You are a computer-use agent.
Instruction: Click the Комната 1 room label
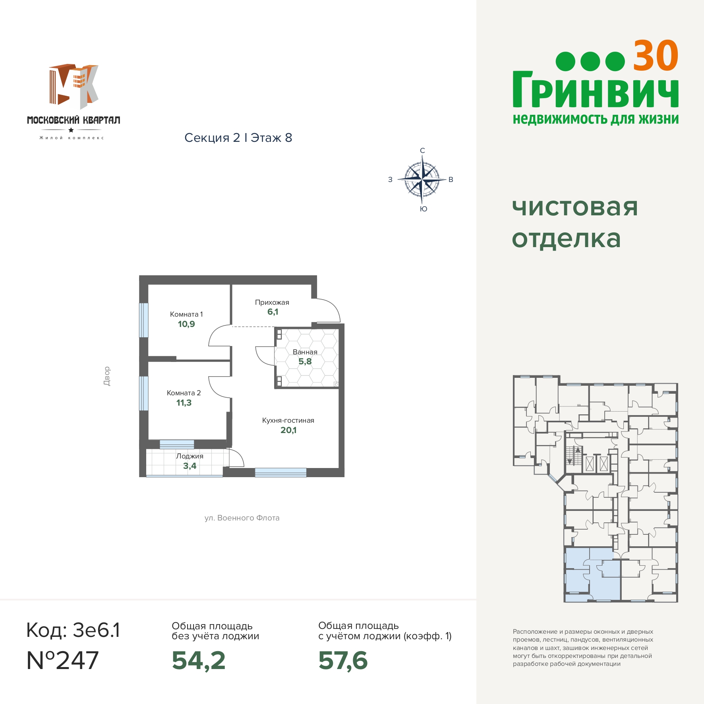click(x=186, y=314)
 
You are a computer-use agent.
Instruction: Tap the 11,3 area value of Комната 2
click(x=184, y=403)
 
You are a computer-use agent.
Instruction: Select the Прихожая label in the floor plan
click(x=272, y=302)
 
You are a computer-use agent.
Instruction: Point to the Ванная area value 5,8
click(x=305, y=362)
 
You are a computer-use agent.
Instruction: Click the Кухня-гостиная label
click(x=288, y=420)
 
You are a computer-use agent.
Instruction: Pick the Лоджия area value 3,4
click(x=190, y=466)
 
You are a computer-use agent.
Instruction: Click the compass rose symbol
click(x=422, y=180)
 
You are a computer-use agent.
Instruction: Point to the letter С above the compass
click(x=422, y=151)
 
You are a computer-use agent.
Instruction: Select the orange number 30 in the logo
click(x=656, y=56)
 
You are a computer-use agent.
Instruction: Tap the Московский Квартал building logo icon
click(x=74, y=86)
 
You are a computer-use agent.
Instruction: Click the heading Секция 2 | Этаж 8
click(x=238, y=138)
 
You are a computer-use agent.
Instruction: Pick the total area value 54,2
click(x=199, y=660)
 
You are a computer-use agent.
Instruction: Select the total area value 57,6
click(x=343, y=660)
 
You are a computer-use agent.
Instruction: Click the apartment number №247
click(x=63, y=660)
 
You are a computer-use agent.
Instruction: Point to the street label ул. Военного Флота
click(x=242, y=518)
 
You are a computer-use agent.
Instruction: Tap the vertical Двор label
click(x=106, y=376)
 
